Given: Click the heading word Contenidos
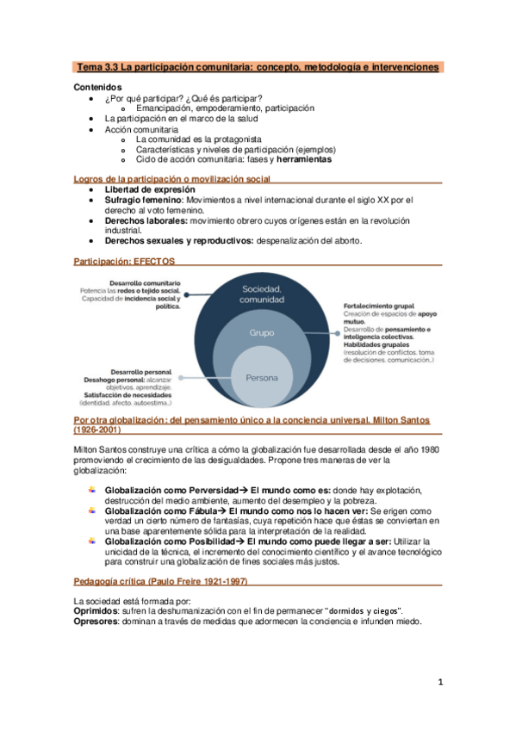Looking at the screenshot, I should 97,87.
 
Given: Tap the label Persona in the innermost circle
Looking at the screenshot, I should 262,378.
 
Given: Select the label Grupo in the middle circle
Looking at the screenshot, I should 262,331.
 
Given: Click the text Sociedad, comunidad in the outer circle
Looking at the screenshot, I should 262,294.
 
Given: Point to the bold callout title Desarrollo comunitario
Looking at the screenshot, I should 146,282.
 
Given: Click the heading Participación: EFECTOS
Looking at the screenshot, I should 124,259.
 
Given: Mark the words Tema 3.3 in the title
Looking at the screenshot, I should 98,66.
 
